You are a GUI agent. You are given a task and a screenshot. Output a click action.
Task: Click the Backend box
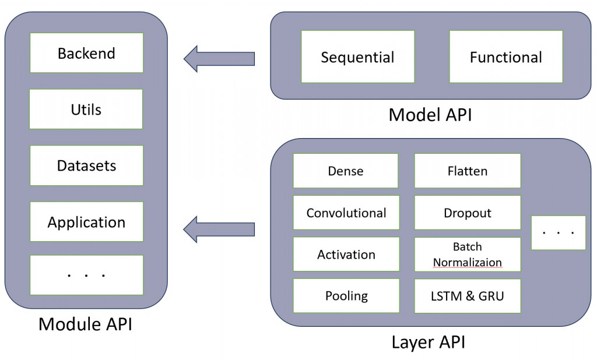pyautogui.click(x=86, y=53)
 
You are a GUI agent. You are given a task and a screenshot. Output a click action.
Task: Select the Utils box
pyautogui.click(x=86, y=109)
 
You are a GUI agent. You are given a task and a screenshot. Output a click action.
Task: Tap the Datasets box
pyautogui.click(x=86, y=165)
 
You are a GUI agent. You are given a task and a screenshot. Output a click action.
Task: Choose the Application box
pyautogui.click(x=86, y=222)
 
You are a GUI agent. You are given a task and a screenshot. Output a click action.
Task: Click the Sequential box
pyautogui.click(x=357, y=57)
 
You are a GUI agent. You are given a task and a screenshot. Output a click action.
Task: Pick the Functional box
pyautogui.click(x=505, y=57)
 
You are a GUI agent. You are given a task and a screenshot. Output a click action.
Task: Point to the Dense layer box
pyautogui.click(x=346, y=171)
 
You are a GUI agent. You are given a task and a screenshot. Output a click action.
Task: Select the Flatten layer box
pyautogui.click(x=468, y=171)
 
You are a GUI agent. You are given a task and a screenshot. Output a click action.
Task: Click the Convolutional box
pyautogui.click(x=346, y=213)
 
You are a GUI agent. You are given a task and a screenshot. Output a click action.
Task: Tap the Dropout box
pyautogui.click(x=468, y=213)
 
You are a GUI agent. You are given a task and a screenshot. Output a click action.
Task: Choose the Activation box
pyautogui.click(x=346, y=255)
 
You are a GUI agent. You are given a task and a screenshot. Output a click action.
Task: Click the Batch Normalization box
pyautogui.click(x=468, y=255)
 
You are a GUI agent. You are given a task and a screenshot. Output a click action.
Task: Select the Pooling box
pyautogui.click(x=346, y=296)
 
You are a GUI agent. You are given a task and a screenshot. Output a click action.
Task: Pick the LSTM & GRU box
pyautogui.click(x=468, y=296)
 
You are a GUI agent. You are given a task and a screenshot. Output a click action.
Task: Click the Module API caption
pyautogui.click(x=85, y=324)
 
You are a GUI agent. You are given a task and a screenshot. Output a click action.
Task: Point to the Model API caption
pyautogui.click(x=430, y=115)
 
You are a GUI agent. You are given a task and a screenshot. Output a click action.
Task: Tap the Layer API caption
pyautogui.click(x=429, y=342)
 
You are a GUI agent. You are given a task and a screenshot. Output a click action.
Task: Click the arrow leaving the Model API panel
pyautogui.click(x=219, y=58)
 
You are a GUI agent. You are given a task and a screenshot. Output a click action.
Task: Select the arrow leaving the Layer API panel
pyautogui.click(x=219, y=227)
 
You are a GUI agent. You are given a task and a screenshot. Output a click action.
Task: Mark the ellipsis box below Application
pyautogui.click(x=86, y=274)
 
